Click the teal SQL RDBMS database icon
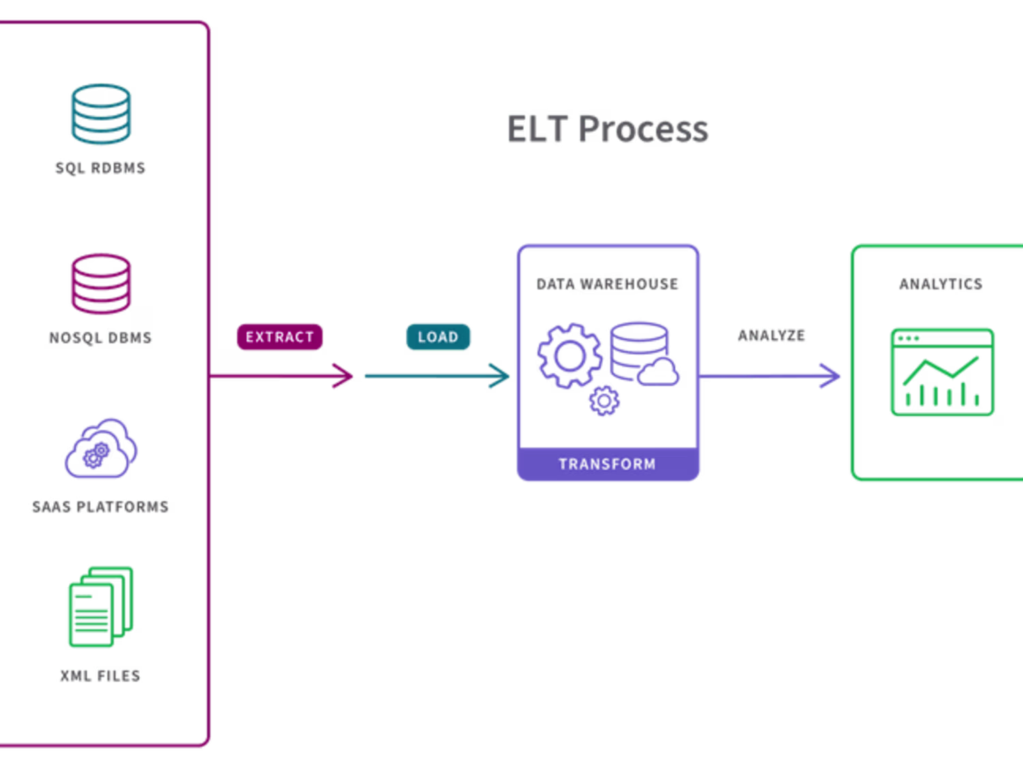(x=101, y=114)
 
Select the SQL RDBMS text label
(x=101, y=168)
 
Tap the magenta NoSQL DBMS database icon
(x=101, y=283)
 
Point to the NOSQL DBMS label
(x=101, y=338)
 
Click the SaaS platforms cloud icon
(x=101, y=448)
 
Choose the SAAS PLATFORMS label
(x=101, y=507)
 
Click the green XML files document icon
(x=101, y=607)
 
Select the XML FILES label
(x=101, y=676)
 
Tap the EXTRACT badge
(x=280, y=336)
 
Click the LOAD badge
(x=438, y=336)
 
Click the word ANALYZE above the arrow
(x=772, y=336)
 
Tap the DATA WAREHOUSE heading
(x=607, y=284)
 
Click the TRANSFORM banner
(x=608, y=464)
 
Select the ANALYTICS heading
(x=941, y=284)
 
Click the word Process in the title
(x=643, y=129)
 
